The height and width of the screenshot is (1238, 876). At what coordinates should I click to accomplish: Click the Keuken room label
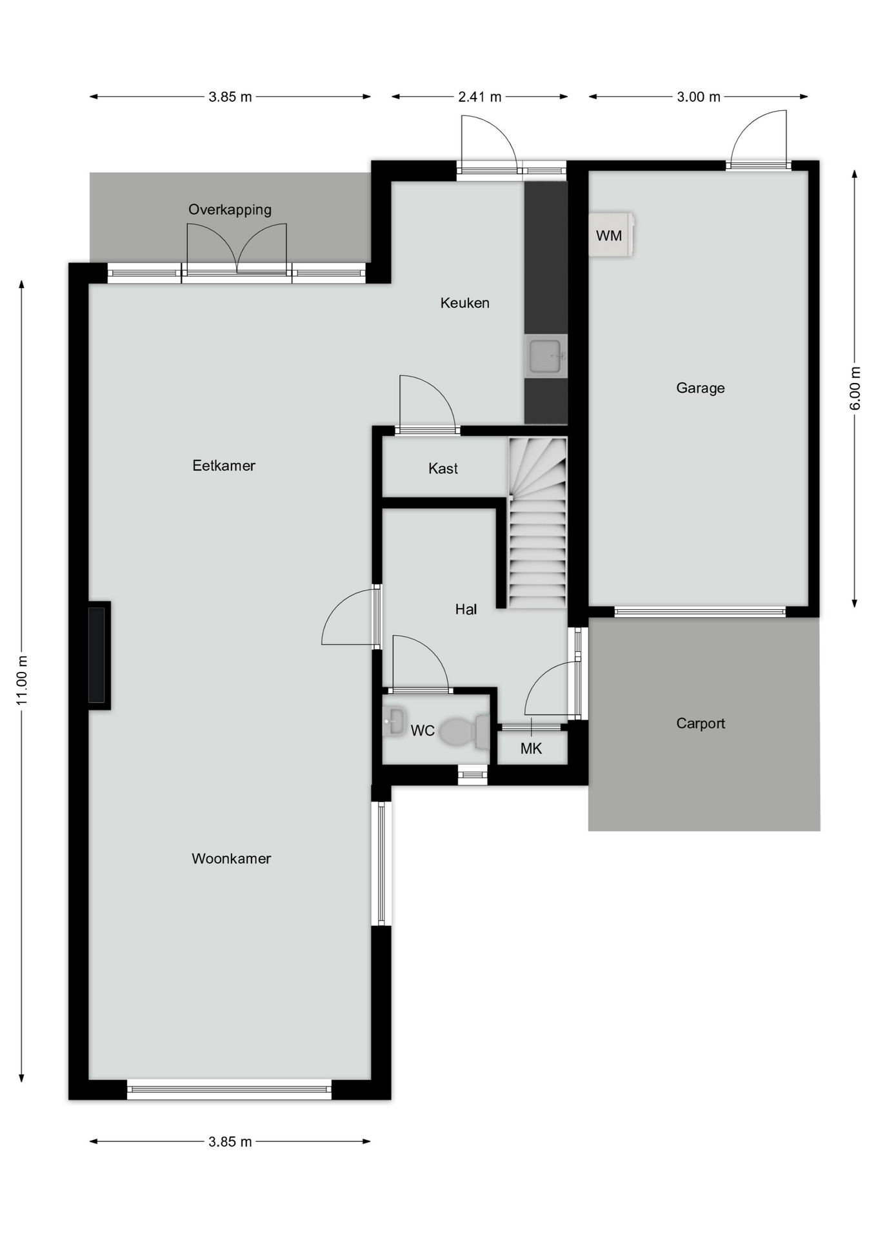[464, 302]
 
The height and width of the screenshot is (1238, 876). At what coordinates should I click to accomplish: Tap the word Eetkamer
[224, 466]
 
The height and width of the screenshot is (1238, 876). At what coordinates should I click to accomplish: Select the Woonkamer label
[231, 858]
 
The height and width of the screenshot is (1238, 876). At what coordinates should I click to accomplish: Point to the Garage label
[700, 388]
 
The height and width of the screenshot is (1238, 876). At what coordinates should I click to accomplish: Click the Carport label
[701, 723]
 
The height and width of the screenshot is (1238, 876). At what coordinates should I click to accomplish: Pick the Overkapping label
[230, 210]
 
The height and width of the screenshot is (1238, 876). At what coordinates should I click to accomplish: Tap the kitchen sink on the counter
[546, 355]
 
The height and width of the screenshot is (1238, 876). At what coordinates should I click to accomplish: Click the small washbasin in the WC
[393, 721]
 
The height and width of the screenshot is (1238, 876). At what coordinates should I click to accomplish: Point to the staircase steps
[537, 523]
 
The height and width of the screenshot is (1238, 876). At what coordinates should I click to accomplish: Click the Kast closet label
[443, 469]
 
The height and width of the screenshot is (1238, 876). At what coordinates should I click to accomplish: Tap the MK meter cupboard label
[531, 749]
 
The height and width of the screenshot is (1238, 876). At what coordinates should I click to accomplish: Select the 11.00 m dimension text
[23, 680]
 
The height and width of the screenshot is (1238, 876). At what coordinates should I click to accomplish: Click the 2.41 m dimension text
[479, 97]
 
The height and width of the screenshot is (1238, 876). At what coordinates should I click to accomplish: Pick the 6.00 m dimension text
[855, 388]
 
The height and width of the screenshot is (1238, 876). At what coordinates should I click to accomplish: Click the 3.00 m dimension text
[699, 97]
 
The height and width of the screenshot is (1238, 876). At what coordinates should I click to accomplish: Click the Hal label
[466, 609]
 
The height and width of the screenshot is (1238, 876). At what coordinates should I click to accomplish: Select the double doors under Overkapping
[237, 251]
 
